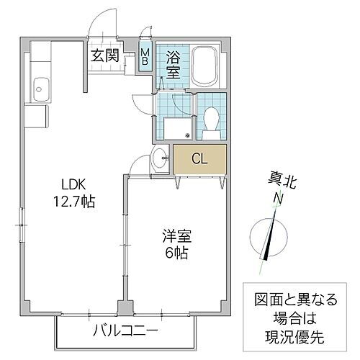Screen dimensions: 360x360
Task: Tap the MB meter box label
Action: tap(145, 56)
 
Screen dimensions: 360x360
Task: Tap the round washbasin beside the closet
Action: tap(158, 160)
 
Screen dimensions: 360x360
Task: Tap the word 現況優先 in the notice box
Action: tap(292, 336)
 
